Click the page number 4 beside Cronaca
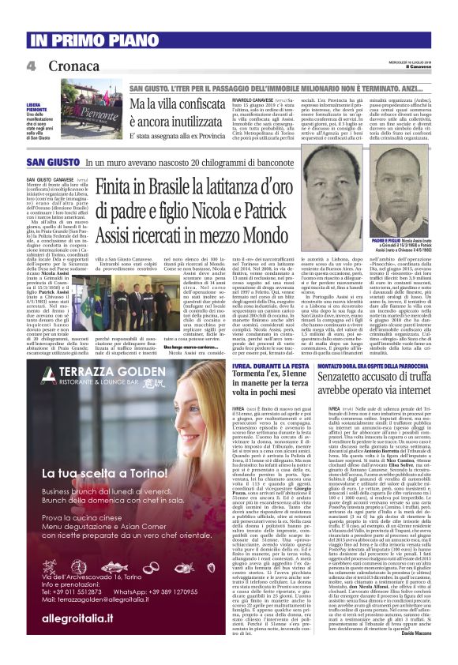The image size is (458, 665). [32, 66]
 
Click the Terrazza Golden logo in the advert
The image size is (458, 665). [95, 375]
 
